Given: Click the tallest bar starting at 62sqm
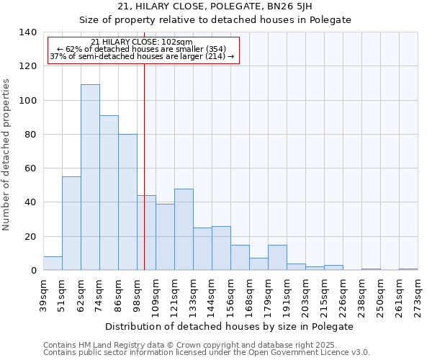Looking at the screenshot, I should point(90,177).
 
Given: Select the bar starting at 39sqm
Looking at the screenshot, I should point(53,264).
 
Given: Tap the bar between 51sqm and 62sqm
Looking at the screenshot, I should point(71,223).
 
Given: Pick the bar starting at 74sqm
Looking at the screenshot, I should point(109,193).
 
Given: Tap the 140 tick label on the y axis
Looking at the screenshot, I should point(28,32).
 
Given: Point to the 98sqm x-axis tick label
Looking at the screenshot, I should point(137,295).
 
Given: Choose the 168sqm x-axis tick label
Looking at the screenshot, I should point(249,295).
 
